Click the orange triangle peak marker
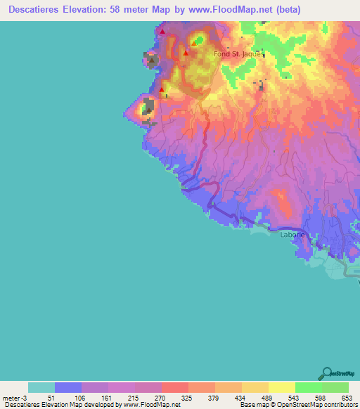[193, 43]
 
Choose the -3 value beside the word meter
[24, 396]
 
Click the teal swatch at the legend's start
[41, 387]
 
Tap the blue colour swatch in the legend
[68, 387]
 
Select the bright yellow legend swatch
[282, 387]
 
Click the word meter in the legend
[11, 396]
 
